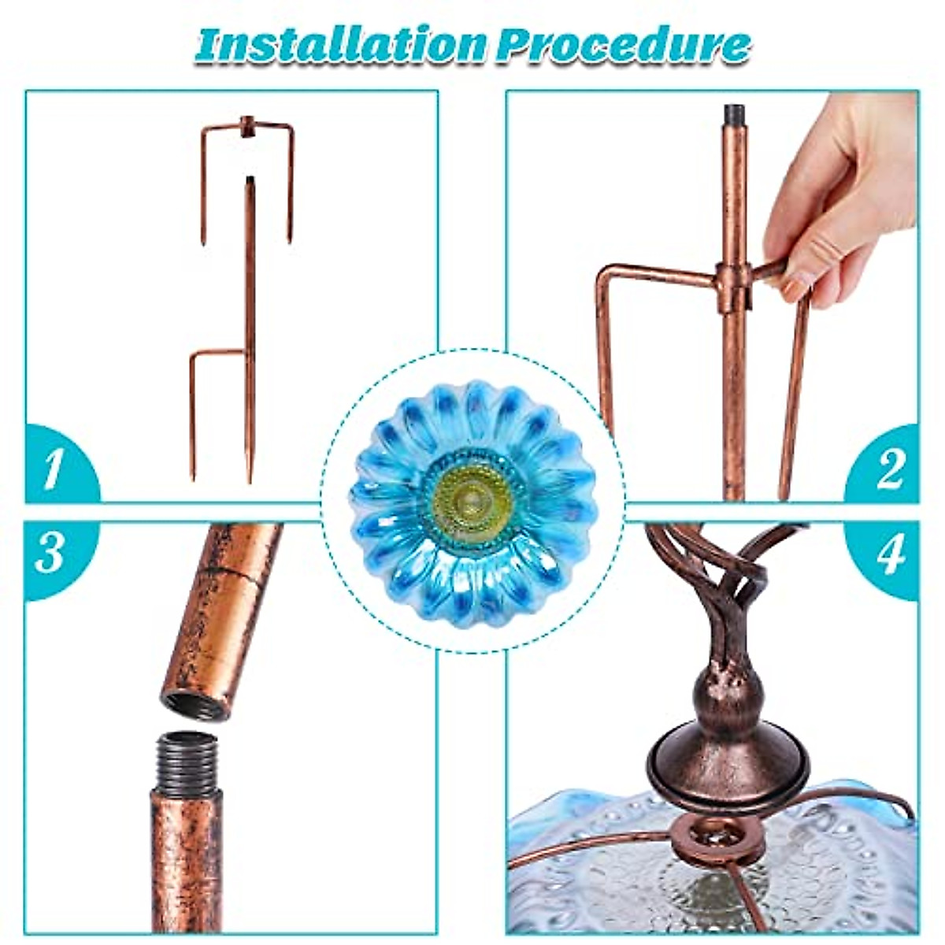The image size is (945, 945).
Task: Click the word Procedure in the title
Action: point(622,45)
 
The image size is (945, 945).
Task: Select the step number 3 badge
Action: point(50,554)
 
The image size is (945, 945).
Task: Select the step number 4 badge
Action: point(890,554)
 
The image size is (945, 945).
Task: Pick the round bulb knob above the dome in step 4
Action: point(728,693)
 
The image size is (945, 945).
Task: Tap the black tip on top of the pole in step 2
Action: point(734,114)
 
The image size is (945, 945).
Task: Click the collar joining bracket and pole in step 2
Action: point(733,287)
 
